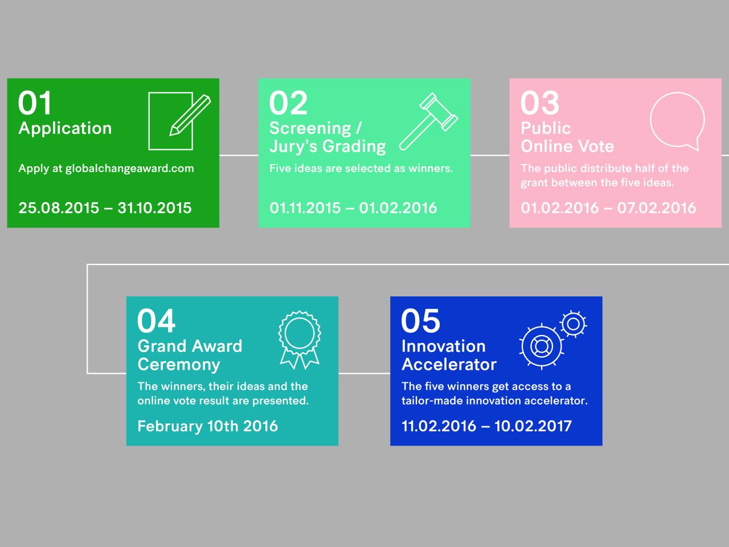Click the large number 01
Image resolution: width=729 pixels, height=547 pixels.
coord(35,103)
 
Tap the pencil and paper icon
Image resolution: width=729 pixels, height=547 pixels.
coord(179,121)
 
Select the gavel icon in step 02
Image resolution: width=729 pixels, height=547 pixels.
coord(428,121)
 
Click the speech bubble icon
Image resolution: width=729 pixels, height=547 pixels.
coord(678,121)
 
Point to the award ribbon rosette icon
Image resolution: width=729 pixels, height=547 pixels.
coord(300,340)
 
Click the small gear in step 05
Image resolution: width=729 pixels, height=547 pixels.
coord(574,324)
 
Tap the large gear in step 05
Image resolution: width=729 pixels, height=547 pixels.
coord(542,346)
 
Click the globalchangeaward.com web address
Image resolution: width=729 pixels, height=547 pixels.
coord(129,169)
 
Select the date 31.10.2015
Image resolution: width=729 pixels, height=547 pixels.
coord(154,208)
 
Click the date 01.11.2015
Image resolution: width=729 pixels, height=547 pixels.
coord(305,208)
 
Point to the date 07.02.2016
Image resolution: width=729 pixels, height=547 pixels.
coord(657,208)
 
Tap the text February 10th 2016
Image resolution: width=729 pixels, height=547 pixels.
coord(207,426)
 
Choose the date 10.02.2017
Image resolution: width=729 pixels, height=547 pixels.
coord(533,426)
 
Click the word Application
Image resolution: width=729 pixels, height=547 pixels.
coord(65,129)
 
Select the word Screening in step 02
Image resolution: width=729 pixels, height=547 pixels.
coord(310,129)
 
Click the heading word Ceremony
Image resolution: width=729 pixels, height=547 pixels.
coord(179,365)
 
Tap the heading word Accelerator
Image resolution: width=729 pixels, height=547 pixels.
coord(449,364)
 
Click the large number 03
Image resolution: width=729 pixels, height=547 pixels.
coord(540,103)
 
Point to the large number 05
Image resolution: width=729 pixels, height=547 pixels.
coord(420,320)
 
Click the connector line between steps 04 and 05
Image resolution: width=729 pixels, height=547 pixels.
coord(364,373)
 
